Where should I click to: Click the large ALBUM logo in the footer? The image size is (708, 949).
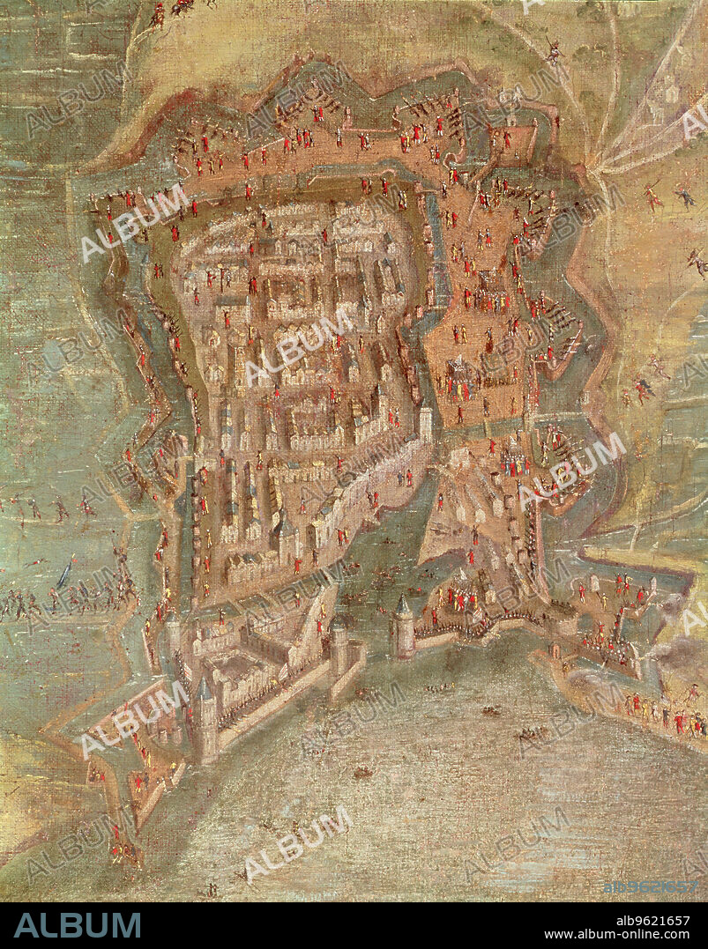(78, 925)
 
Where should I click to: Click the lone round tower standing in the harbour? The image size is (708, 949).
(403, 626)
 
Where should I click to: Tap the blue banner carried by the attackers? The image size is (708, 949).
(63, 575)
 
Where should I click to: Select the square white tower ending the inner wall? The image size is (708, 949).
(426, 423)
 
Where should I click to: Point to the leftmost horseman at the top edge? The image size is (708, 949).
(160, 12)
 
